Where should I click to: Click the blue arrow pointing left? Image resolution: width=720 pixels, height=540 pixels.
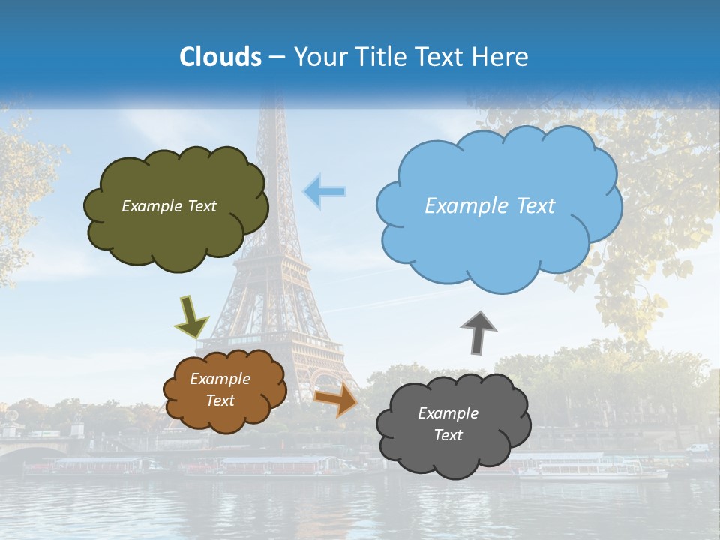point(324,192)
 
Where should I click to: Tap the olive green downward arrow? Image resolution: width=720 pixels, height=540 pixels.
point(191,316)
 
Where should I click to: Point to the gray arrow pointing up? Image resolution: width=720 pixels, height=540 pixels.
point(478,332)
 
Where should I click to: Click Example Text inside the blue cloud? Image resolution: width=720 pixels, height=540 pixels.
point(490,206)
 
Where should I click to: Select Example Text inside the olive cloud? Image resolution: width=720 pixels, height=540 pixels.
point(169,206)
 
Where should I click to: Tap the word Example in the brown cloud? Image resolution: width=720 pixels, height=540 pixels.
point(220,379)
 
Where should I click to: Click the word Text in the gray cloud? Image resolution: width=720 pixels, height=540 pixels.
point(448,435)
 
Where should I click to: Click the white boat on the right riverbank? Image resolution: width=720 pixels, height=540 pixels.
point(592,470)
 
